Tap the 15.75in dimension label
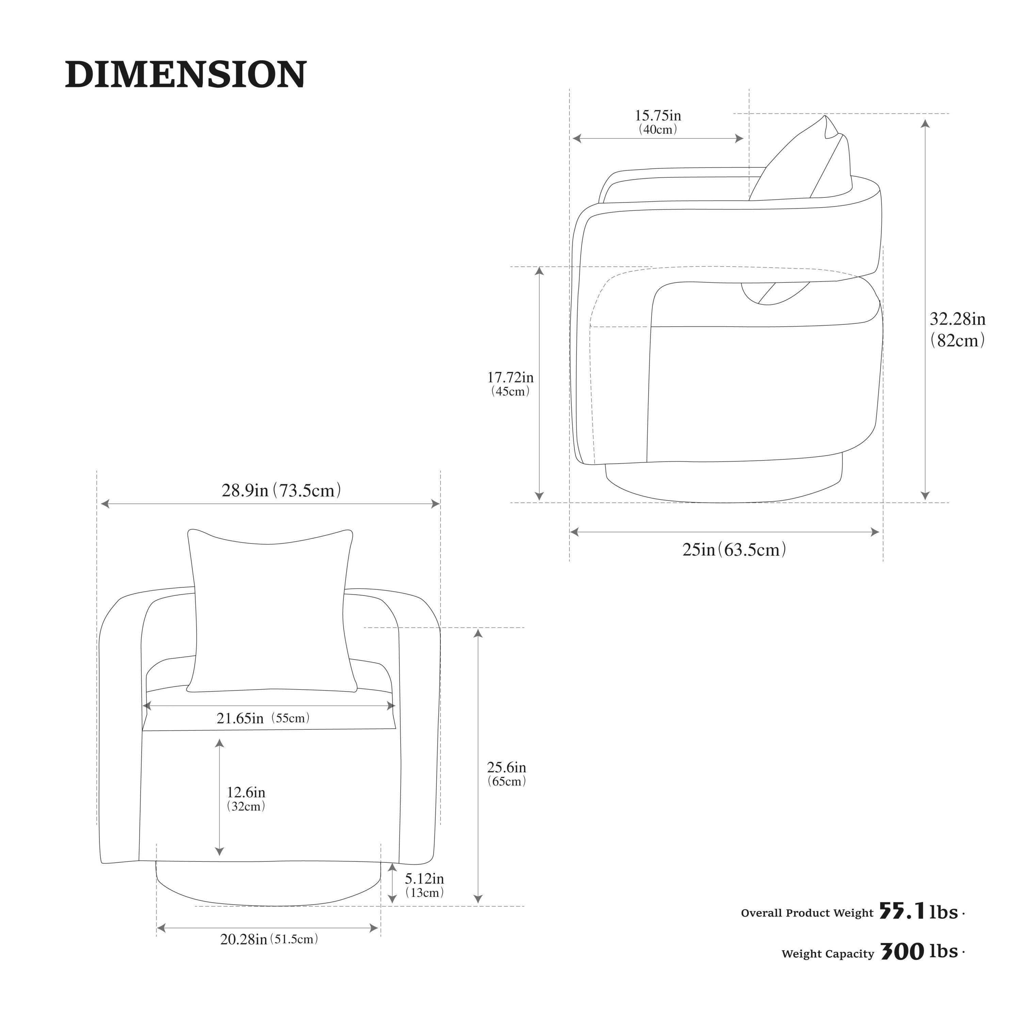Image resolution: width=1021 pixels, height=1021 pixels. pos(658,115)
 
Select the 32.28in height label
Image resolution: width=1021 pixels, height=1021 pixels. pos(958,319)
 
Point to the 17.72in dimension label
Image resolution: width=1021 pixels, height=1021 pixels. pos(510,377)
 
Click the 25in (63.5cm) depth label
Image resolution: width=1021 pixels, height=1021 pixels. pos(734,550)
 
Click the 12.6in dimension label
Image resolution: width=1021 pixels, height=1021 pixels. pos(246,792)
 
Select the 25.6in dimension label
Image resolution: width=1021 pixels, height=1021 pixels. pos(506,767)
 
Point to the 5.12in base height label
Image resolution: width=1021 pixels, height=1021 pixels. pos(424,878)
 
